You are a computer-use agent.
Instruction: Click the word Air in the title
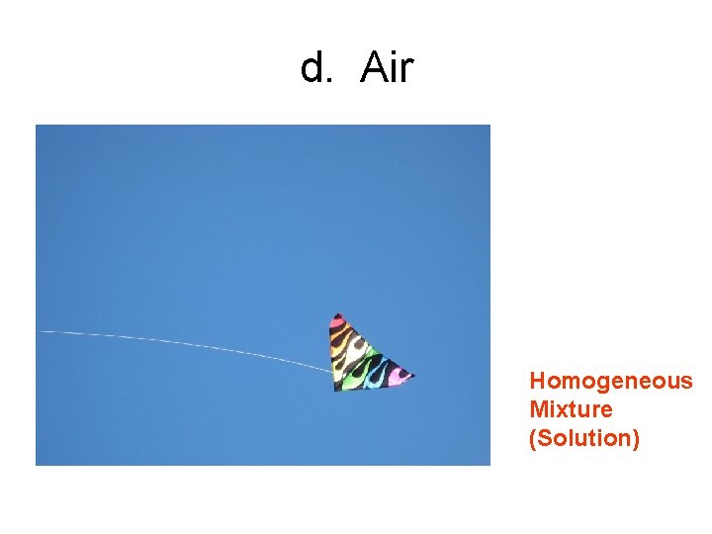[388, 67]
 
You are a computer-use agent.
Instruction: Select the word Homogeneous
[611, 381]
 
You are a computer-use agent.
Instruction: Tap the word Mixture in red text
[571, 408]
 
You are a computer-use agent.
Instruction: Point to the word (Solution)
[584, 437]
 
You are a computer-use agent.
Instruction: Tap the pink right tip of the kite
[408, 375]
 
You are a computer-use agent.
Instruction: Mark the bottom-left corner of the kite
[336, 389]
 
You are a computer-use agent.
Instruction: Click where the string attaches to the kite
[331, 370]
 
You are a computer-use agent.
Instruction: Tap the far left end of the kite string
[42, 332]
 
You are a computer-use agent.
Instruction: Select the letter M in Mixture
[538, 408]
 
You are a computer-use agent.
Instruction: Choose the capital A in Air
[374, 67]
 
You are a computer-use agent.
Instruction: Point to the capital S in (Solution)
[543, 437]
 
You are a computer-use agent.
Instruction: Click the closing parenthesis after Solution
[636, 437]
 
